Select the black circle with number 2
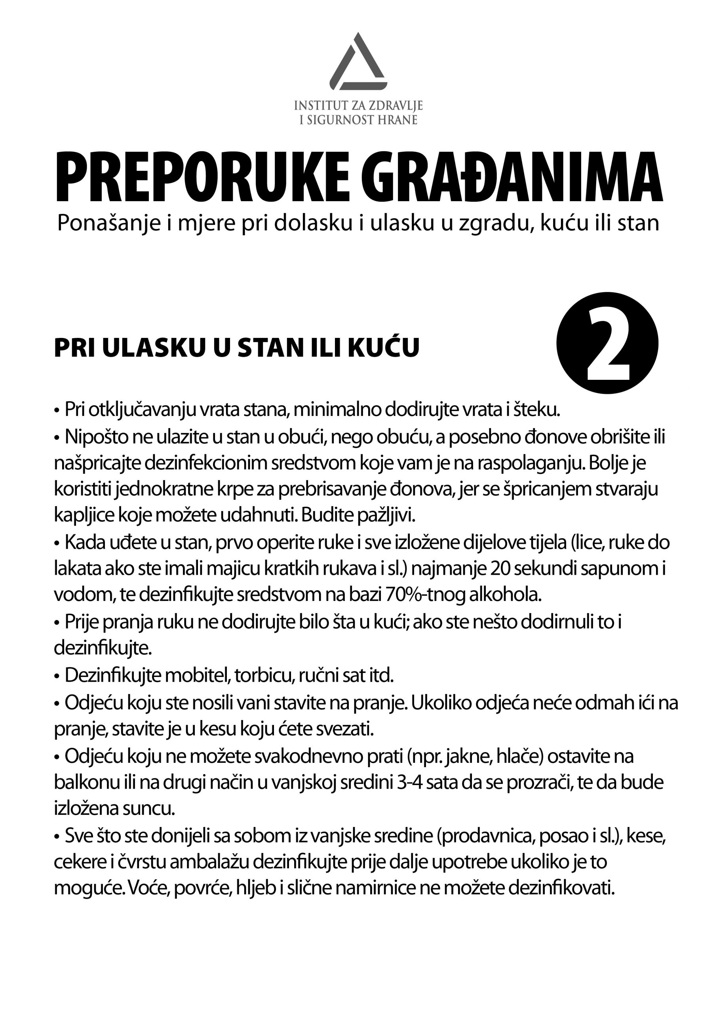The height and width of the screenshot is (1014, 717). click(x=607, y=343)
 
